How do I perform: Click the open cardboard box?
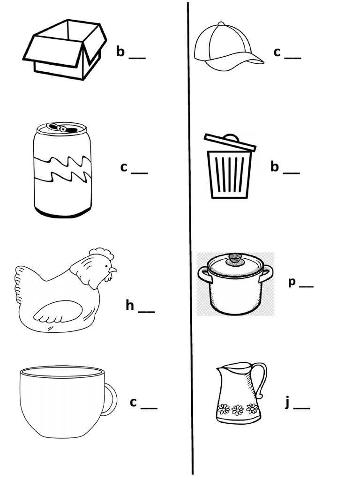(x=65, y=50)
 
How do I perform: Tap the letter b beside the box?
(x=120, y=52)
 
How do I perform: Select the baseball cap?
(x=229, y=47)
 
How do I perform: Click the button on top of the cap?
(x=221, y=23)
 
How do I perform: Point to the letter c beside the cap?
(x=277, y=52)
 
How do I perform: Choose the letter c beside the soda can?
(x=124, y=167)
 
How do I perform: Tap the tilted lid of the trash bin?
(x=230, y=142)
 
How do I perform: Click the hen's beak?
(x=113, y=270)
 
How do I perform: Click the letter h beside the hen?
(x=130, y=305)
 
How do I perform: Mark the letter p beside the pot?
(x=292, y=282)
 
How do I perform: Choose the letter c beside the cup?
(x=133, y=402)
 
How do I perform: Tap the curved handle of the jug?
(x=260, y=380)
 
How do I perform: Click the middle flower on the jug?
(x=238, y=410)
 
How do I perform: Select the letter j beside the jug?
(x=287, y=404)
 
